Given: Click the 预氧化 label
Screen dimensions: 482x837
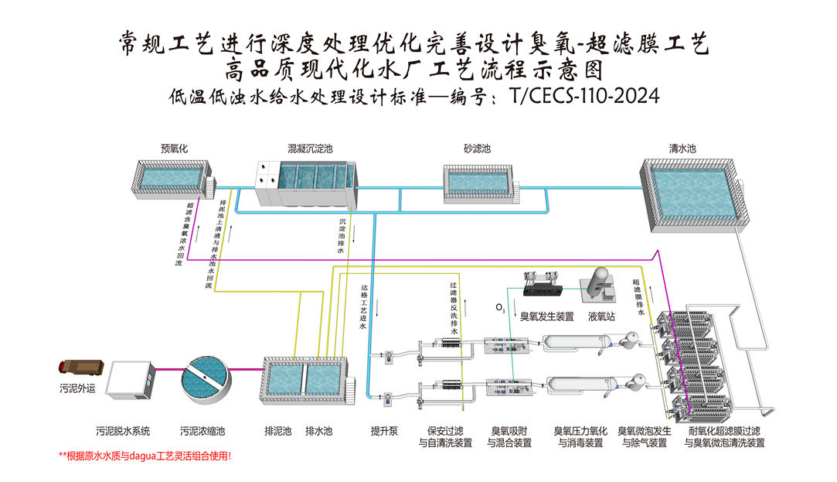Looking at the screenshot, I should coord(175,148).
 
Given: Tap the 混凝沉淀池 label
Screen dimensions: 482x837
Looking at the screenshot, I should coord(310,148).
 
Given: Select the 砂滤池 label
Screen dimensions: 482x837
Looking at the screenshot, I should coord(477,148).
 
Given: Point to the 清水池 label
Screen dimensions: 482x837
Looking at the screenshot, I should coord(682,148).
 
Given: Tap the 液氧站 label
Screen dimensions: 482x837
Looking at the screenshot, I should coord(601,316).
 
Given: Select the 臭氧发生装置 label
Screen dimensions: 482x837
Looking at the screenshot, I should coord(546,316).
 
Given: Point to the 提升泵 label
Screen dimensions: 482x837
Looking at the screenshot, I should coord(384,430).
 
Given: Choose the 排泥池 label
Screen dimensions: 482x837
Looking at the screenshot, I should coord(277,430).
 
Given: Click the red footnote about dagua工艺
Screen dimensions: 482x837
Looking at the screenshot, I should coord(145,456).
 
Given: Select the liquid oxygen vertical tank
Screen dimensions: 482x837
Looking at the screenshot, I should coord(599,284).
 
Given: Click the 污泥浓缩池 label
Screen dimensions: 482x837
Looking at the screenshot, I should coord(202,430).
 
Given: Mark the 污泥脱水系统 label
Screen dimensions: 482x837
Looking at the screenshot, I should coord(123,430).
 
